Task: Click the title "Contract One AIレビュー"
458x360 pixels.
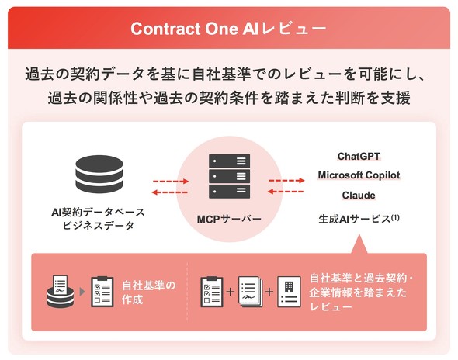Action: [228, 29]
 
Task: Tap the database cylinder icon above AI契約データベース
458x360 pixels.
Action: [99, 174]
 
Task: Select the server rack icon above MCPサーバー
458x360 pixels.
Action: [229, 176]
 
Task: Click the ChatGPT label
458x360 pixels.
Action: [359, 157]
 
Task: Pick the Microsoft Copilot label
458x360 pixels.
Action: [359, 175]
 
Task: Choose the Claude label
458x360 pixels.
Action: [359, 195]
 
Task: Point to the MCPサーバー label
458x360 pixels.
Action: [229, 219]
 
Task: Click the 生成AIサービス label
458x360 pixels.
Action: [355, 219]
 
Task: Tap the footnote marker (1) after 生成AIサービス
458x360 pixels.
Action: [395, 217]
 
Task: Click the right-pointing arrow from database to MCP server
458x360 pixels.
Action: [171, 182]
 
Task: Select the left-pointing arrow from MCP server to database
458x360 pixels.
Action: [170, 192]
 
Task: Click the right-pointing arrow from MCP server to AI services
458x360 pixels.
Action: [287, 181]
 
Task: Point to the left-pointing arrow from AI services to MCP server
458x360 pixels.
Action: [286, 192]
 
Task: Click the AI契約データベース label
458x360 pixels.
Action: [98, 212]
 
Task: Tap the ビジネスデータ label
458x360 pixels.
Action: [98, 226]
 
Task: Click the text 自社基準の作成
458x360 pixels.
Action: [149, 292]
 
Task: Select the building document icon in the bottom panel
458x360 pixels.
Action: [289, 292]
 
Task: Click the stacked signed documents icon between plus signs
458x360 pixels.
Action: [250, 292]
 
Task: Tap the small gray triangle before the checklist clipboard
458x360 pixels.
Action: [82, 292]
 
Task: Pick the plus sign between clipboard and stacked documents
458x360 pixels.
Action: [231, 292]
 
